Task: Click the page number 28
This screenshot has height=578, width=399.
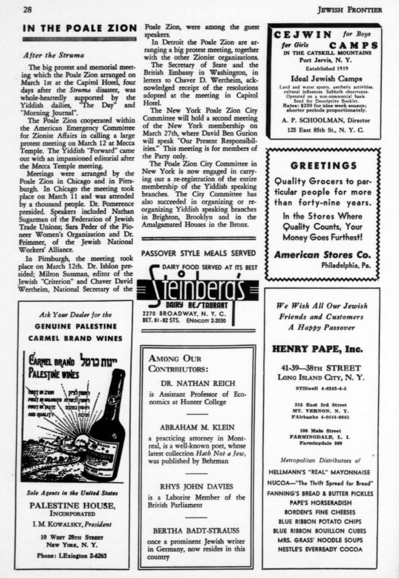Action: click(x=28, y=9)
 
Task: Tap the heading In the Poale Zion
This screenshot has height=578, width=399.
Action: click(x=79, y=28)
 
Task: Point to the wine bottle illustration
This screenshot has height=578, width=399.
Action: click(x=107, y=425)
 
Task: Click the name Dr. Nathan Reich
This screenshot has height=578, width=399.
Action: click(x=196, y=383)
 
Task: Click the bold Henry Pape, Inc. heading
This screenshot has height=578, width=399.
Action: click(x=318, y=349)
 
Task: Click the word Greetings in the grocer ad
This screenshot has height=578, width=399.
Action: click(x=324, y=166)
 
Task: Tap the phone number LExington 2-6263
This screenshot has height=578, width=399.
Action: click(x=76, y=555)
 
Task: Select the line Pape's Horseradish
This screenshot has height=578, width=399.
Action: click(x=321, y=503)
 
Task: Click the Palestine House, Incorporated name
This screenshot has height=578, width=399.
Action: click(x=76, y=509)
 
